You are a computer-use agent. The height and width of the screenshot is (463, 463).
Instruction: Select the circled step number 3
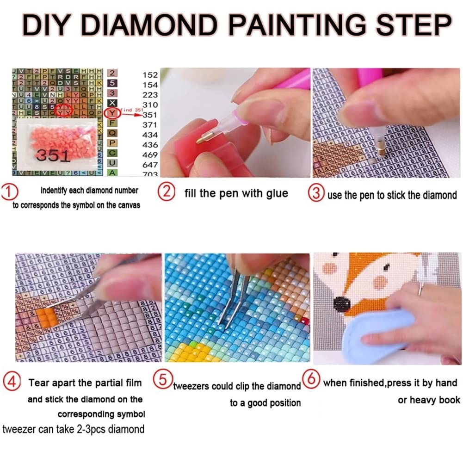point(317,193)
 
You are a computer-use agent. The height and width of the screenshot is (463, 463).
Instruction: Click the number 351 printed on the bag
point(52,155)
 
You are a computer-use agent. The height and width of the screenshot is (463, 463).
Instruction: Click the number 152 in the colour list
point(150,75)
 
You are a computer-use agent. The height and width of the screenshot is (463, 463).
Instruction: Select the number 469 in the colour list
point(150,154)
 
